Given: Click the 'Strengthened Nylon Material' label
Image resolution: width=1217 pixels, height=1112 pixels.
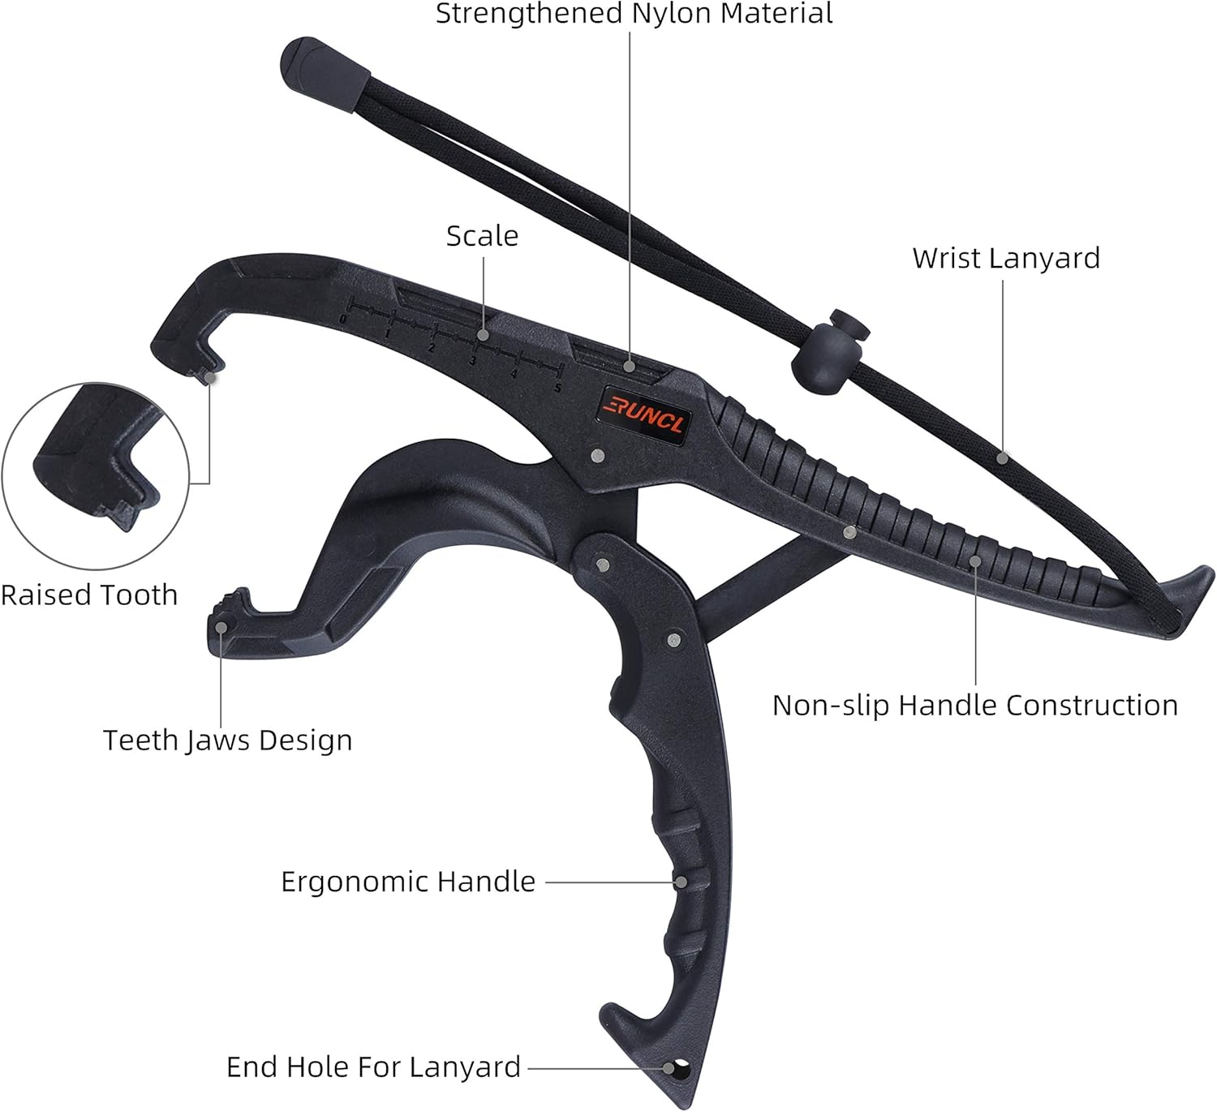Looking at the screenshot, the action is pyautogui.click(x=634, y=14).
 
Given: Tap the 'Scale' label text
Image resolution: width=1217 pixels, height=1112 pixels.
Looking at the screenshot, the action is pyautogui.click(x=482, y=236).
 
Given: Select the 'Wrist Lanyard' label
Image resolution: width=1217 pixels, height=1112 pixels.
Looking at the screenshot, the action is pyautogui.click(x=1006, y=259).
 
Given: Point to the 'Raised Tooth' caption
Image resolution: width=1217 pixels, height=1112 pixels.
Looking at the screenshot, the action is pyautogui.click(x=89, y=595).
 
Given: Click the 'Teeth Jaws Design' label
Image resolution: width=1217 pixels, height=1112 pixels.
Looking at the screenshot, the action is pyautogui.click(x=227, y=741).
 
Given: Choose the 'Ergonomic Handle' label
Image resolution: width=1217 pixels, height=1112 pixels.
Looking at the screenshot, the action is pyautogui.click(x=407, y=882).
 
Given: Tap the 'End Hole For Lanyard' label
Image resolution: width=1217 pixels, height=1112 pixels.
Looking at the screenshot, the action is pyautogui.click(x=373, y=1067).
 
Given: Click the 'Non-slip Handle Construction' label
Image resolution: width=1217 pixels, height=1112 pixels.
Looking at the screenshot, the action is pyautogui.click(x=974, y=706).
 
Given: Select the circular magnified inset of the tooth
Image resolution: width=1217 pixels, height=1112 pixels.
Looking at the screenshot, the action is pyautogui.click(x=96, y=476).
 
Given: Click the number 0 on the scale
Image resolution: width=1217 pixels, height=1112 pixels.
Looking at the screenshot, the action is pyautogui.click(x=343, y=320).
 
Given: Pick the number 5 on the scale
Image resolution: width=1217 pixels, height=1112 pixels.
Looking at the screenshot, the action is pyautogui.click(x=557, y=388).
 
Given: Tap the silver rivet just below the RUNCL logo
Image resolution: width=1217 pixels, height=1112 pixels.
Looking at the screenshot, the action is pyautogui.click(x=599, y=457).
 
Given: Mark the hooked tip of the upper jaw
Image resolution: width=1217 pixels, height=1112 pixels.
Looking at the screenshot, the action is pyautogui.click(x=203, y=365).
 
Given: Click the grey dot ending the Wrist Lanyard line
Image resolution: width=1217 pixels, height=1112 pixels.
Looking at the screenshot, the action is pyautogui.click(x=1003, y=458).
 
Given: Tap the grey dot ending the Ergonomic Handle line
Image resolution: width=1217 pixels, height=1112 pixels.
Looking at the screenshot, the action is pyautogui.click(x=682, y=882).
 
